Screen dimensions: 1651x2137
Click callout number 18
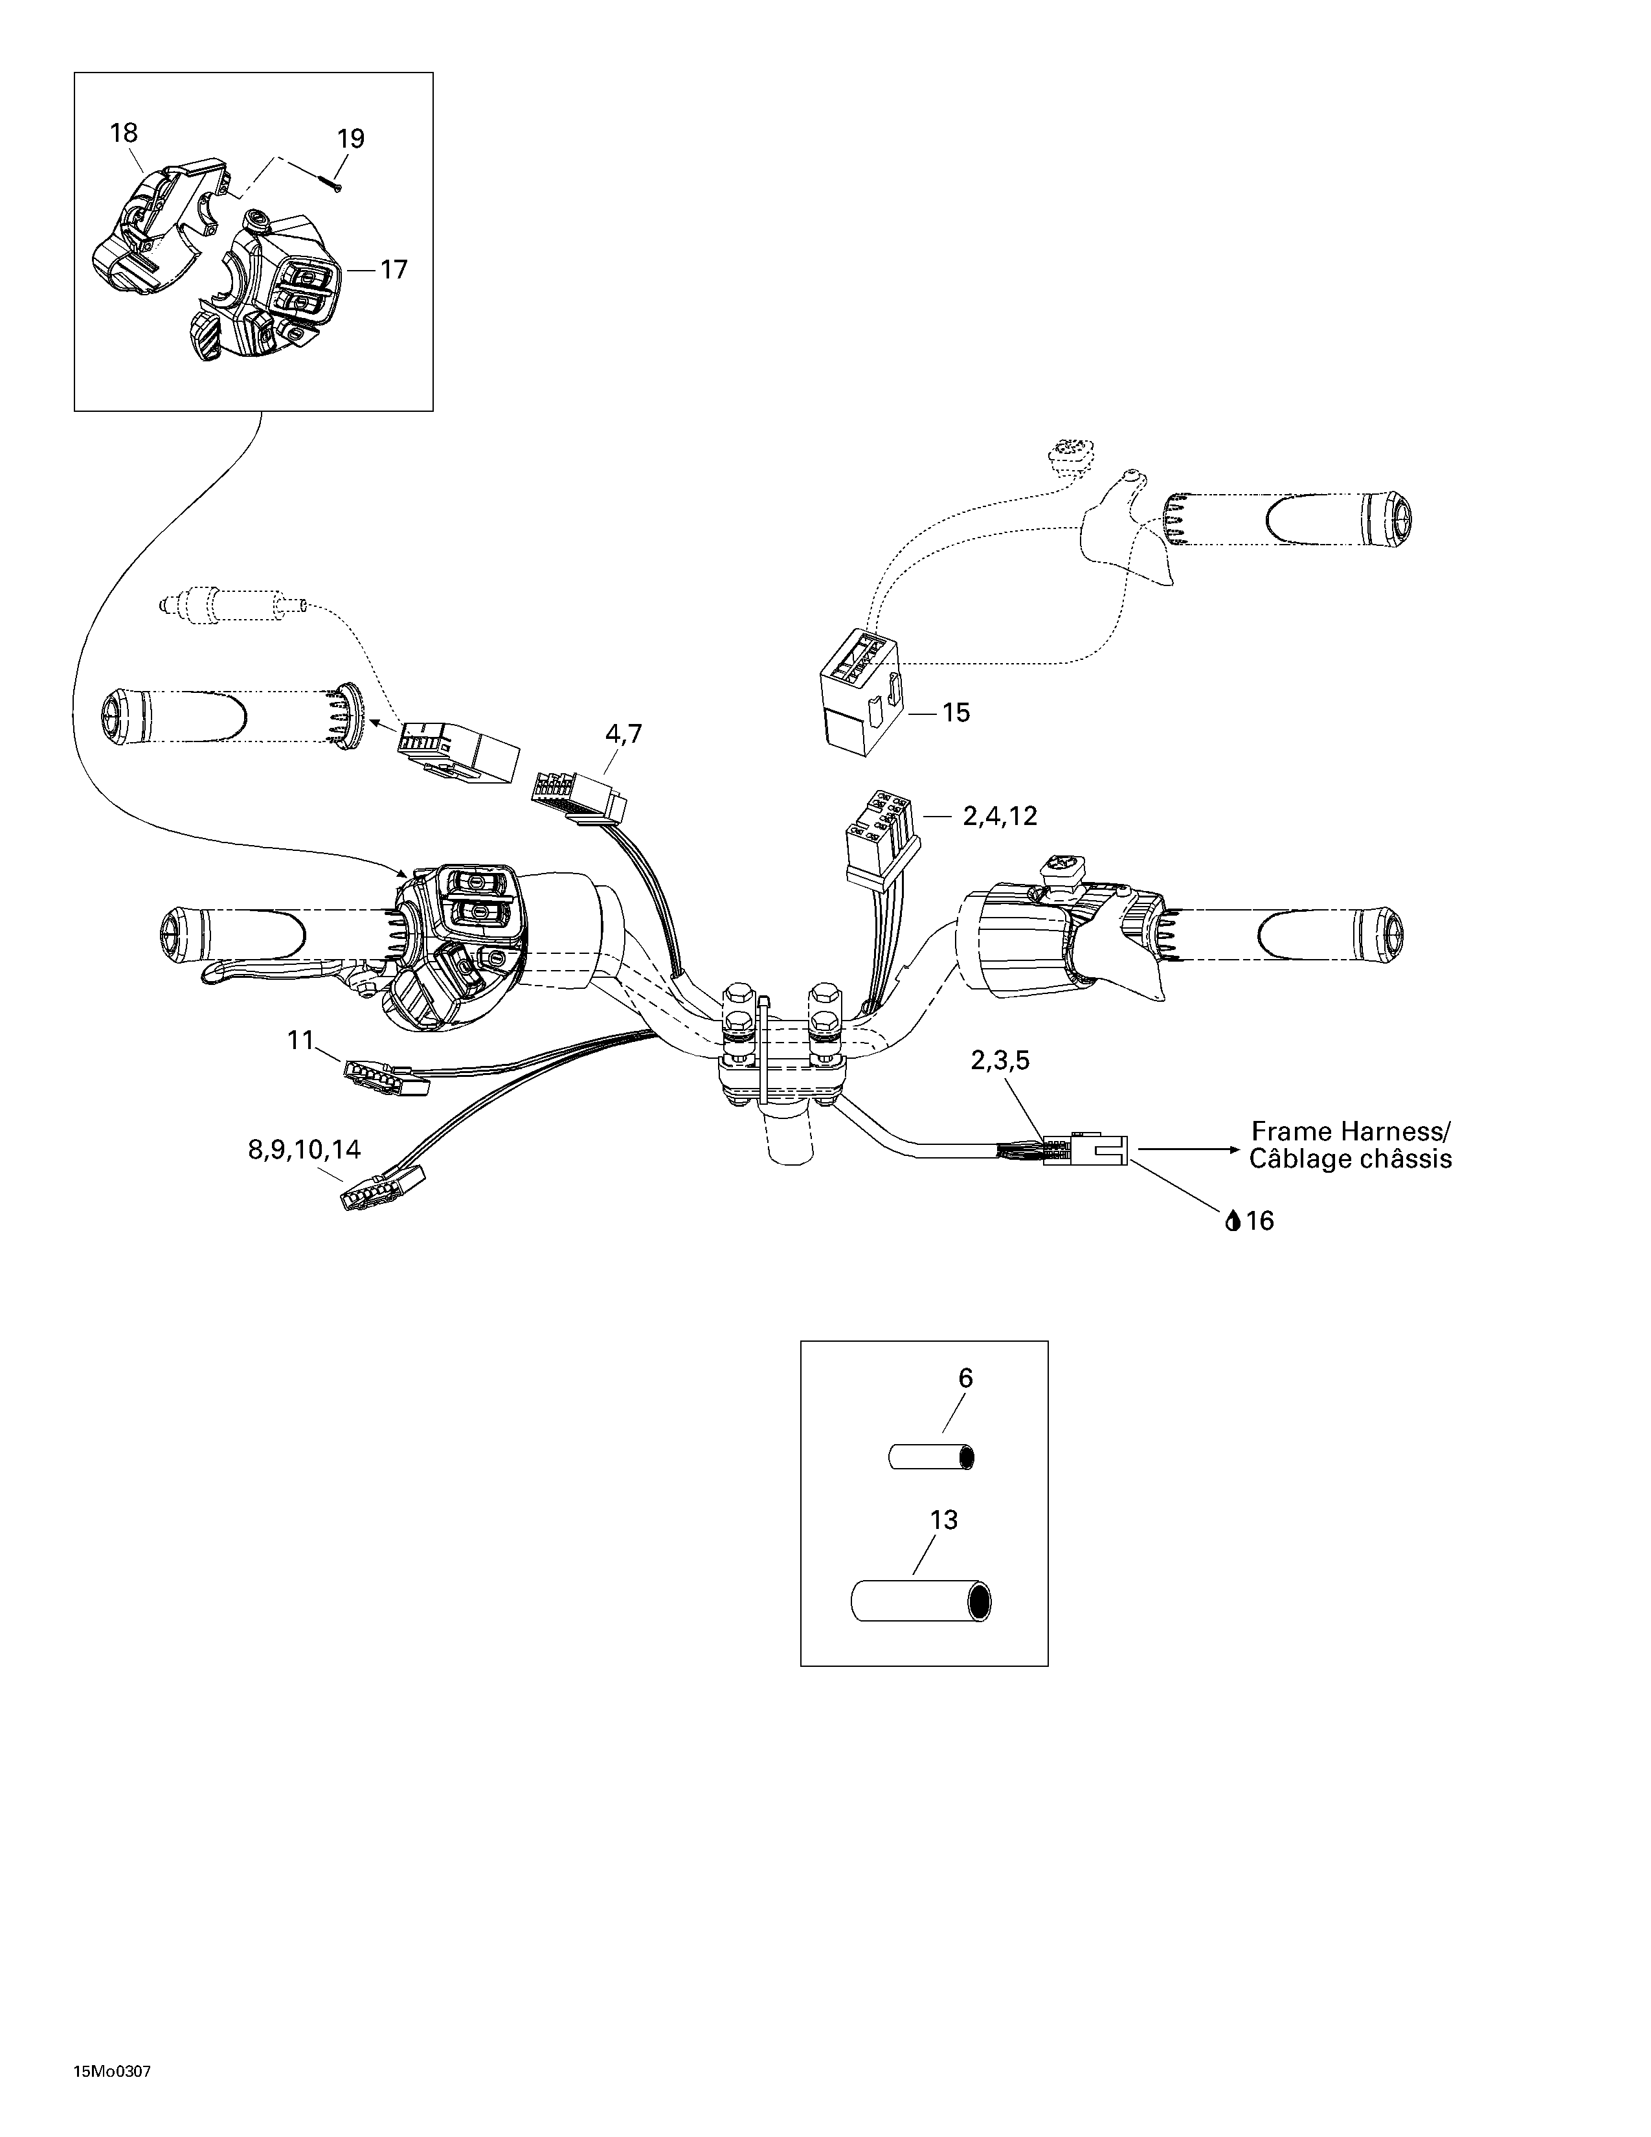(123, 133)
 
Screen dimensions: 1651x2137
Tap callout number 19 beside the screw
(350, 139)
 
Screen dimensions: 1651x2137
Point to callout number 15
(956, 712)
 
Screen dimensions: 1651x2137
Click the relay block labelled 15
(862, 692)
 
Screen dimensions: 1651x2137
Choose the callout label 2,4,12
(1000, 816)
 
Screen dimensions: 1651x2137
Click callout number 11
(300, 1039)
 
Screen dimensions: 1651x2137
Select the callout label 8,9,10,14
(304, 1149)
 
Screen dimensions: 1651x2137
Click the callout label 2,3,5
(1000, 1061)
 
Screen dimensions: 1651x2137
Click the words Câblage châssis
(1351, 1160)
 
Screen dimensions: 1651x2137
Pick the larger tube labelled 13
(921, 1603)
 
